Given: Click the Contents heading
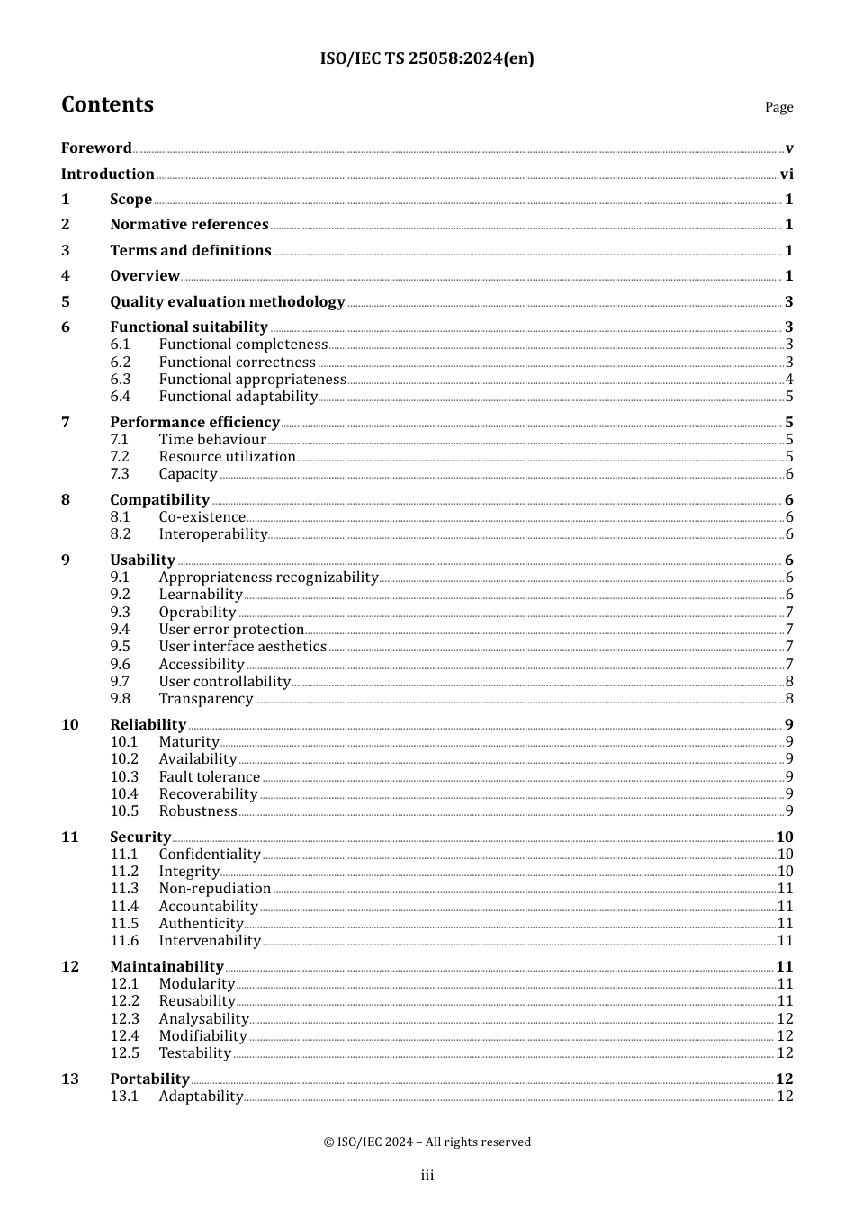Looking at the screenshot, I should point(107,104).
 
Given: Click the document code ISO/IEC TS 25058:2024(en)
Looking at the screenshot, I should point(427,58).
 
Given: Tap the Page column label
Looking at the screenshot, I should point(778,107).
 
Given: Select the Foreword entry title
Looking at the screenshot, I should point(96,148).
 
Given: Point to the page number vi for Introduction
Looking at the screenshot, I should point(787,175).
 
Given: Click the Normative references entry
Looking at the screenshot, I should point(189,225).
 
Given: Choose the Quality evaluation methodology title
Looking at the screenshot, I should point(227,302).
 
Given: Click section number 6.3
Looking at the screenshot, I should point(121,380).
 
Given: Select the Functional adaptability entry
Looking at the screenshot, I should point(238,397).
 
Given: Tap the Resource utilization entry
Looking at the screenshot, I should point(227,457).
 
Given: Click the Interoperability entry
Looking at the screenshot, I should point(212,534).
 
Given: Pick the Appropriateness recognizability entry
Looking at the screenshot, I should point(268,578).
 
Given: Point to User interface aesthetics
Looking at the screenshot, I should point(242,647).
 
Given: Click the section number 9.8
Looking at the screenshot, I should point(121,699).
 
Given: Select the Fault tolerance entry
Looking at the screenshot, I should point(209,777).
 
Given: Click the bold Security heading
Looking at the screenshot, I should point(140,837).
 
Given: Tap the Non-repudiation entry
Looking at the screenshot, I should point(214,889).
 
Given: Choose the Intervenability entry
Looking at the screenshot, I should point(210,941).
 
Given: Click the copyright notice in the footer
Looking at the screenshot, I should point(427,1142).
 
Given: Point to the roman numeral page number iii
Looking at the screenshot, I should point(427,1176).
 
